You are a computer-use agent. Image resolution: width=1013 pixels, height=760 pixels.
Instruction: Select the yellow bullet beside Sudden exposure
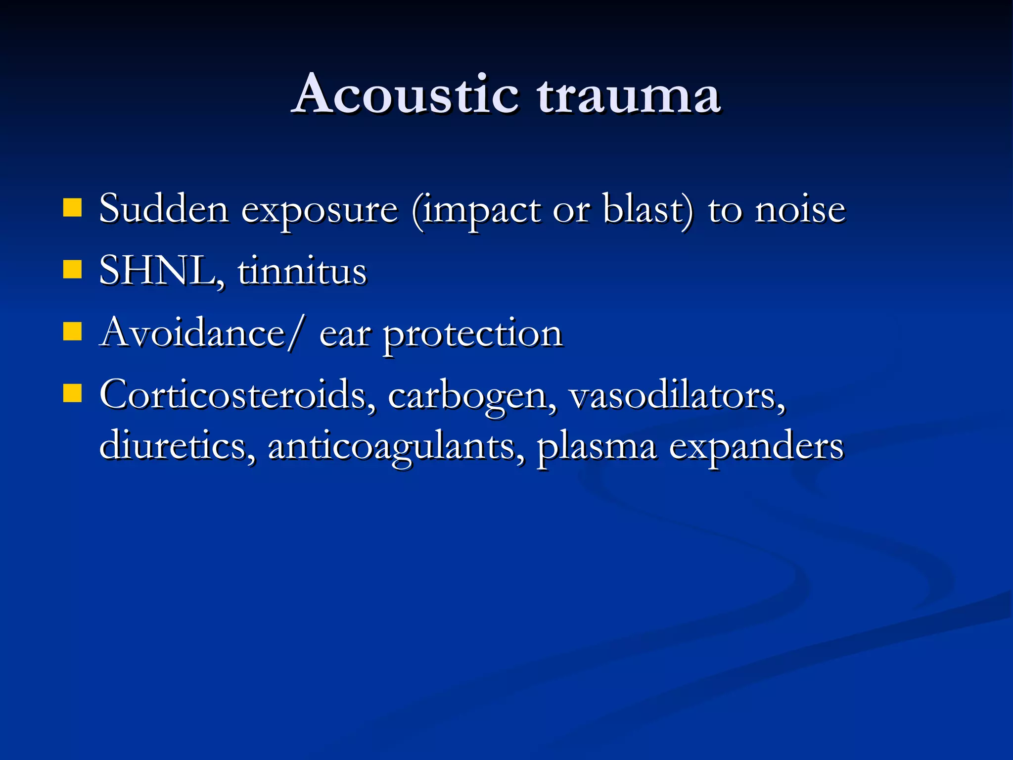tap(72, 208)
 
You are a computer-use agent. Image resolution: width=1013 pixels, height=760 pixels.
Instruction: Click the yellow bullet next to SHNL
tap(72, 270)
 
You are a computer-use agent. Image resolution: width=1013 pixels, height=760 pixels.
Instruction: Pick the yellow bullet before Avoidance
tap(72, 332)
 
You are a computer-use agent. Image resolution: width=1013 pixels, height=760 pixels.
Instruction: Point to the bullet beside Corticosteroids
tap(72, 394)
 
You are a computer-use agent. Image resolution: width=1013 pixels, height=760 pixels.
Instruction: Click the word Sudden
tap(164, 209)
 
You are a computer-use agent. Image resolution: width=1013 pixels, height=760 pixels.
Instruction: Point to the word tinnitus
tap(302, 271)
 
